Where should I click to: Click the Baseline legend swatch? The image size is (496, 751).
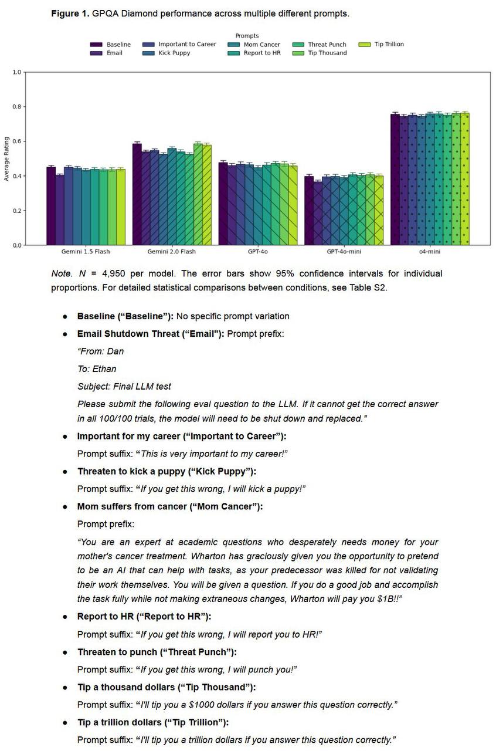coord(96,45)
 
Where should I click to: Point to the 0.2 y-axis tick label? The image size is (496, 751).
coord(16,211)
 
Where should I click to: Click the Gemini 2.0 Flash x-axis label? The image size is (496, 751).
coord(172,252)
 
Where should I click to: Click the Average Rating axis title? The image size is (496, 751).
coord(6,158)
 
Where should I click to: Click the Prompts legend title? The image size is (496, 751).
coord(247,36)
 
